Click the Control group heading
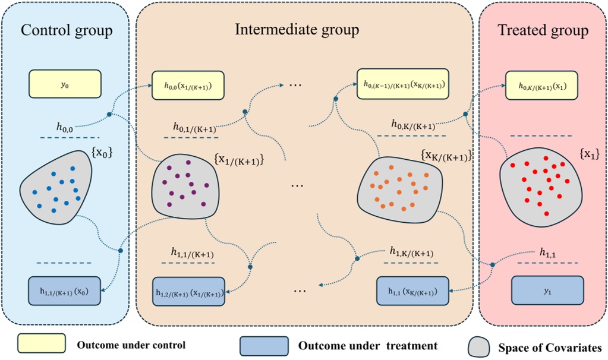(67, 30)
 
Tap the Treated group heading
(543, 30)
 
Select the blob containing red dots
(538, 184)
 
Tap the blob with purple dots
(183, 186)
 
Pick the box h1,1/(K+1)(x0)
(65, 290)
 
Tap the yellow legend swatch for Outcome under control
(41, 343)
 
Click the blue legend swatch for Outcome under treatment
(263, 345)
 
